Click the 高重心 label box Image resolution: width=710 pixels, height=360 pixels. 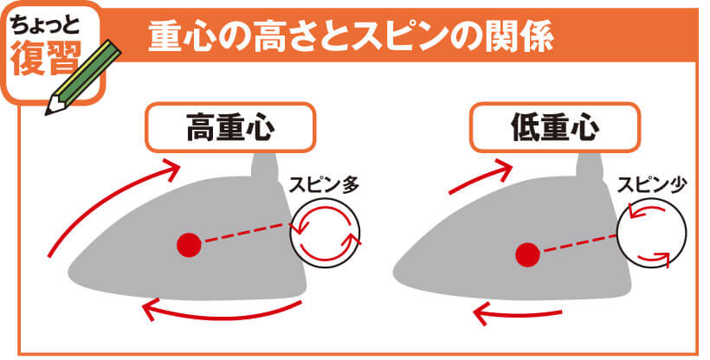click(230, 127)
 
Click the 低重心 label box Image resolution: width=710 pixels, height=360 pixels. click(555, 127)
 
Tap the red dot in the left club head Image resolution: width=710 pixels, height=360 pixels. click(189, 245)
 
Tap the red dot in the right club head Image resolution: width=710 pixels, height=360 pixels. click(528, 254)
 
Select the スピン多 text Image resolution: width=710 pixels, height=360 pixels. click(324, 185)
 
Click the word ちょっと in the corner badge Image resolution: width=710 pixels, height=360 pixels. click(46, 25)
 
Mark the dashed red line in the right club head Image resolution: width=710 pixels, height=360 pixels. click(580, 243)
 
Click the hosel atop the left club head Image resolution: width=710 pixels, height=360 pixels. click(265, 169)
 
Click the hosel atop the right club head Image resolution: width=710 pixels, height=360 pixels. click(590, 169)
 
